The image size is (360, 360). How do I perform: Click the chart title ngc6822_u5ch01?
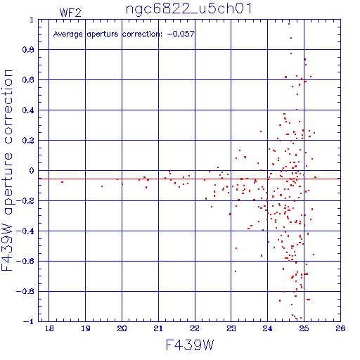coord(189,8)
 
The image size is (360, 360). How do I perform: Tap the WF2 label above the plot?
coord(70,13)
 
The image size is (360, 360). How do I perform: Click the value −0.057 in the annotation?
coord(181,34)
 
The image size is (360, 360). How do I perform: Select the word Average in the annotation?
coord(68,34)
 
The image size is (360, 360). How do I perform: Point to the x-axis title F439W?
coord(190,345)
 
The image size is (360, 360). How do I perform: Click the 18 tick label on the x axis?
coord(49,328)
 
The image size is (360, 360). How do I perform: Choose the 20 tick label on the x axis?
coord(122,328)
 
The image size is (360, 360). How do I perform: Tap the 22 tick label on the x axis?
coord(195,328)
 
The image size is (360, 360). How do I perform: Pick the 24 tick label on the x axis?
coord(267,328)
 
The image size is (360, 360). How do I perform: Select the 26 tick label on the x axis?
coord(340,328)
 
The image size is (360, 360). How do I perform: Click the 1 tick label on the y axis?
coord(32,20)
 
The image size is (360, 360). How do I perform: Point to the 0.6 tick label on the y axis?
coord(28,80)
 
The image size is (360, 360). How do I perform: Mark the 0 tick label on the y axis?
coord(32,171)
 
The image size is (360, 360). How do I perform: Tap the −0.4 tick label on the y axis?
coord(25,231)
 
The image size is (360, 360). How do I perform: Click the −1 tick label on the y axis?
coord(28,321)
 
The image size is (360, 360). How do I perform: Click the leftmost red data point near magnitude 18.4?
coord(62,182)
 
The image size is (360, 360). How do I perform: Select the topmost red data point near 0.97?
coord(289,24)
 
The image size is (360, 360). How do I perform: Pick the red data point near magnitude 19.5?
coord(102,186)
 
